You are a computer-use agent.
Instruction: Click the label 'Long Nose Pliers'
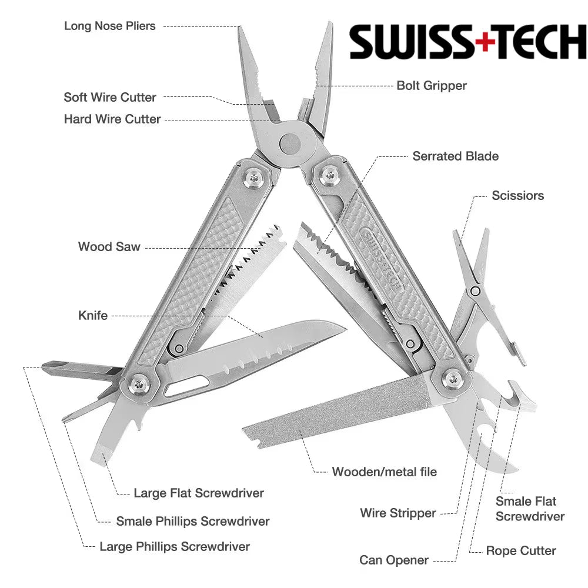click(110, 26)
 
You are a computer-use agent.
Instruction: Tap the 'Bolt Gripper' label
click(431, 85)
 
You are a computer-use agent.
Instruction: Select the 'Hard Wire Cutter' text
click(112, 119)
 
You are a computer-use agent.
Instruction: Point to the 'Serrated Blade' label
click(455, 156)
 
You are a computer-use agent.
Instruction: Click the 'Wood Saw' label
click(109, 246)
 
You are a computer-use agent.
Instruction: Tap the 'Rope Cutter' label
click(520, 551)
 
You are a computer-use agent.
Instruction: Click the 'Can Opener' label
click(394, 560)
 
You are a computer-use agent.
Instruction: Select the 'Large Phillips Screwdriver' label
click(174, 547)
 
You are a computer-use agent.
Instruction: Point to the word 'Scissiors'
click(517, 196)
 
